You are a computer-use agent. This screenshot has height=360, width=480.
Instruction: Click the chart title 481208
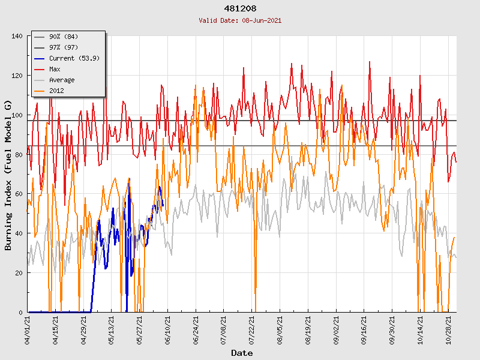coord(240,9)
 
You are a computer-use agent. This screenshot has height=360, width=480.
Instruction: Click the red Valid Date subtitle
coord(240,20)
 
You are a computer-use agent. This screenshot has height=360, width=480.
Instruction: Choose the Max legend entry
coord(55,69)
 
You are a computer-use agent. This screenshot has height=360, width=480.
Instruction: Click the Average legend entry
coord(62,80)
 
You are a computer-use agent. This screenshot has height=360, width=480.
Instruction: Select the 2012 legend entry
coord(56,91)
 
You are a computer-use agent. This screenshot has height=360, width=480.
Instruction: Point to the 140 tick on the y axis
coord(17,37)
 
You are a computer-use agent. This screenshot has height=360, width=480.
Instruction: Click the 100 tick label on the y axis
coord(17,115)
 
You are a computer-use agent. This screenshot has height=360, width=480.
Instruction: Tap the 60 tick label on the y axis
coord(19,194)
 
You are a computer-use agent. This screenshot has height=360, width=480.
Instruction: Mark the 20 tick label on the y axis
coord(19,273)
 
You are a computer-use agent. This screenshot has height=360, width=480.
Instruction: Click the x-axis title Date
coord(242,353)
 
